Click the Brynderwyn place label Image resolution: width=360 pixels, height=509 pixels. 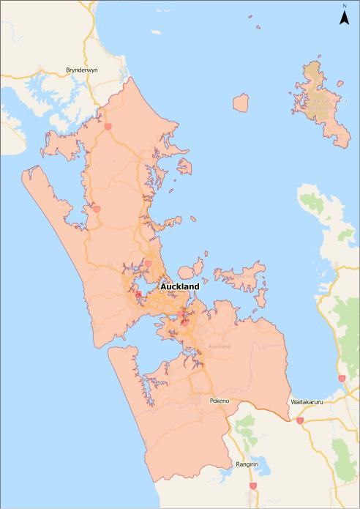[x=82, y=70]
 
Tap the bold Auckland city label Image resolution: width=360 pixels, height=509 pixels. [x=179, y=286]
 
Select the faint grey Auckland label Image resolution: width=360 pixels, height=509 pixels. [x=219, y=346]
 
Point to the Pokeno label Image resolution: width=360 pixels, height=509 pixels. [x=220, y=401]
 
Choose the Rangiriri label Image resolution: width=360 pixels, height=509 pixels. [x=246, y=464]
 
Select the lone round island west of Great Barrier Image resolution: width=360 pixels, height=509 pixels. [x=241, y=103]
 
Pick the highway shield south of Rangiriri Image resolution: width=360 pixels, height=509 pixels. [x=252, y=486]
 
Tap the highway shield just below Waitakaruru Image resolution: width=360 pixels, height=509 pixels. [x=300, y=421]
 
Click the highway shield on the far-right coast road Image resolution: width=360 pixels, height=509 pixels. [x=342, y=379]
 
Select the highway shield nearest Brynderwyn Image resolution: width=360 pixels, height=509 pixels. [x=108, y=126]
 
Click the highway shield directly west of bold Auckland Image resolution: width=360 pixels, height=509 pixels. [x=138, y=294]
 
